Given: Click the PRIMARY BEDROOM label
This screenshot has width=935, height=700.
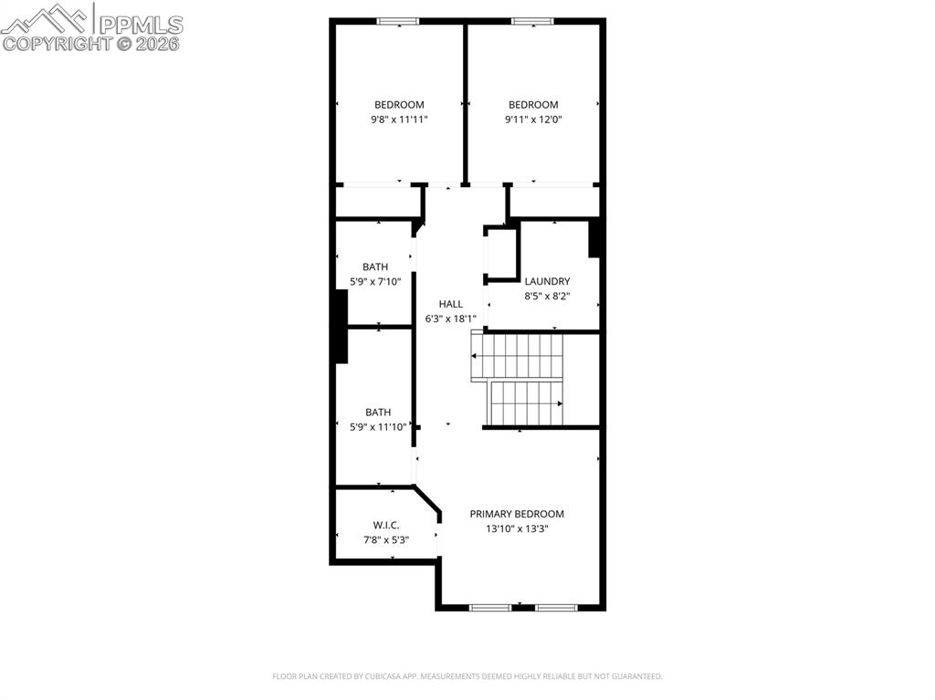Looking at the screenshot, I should (517, 514).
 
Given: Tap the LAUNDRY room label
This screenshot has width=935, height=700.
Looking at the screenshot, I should (547, 281).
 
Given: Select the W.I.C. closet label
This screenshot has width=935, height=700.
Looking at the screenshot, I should (386, 525).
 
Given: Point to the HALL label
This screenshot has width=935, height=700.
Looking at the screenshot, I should (450, 304).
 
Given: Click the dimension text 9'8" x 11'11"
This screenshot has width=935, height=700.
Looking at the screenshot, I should (399, 120).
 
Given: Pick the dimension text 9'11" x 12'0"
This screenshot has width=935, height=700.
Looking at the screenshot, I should (533, 120).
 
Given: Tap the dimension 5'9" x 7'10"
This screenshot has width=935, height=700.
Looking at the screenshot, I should (375, 282).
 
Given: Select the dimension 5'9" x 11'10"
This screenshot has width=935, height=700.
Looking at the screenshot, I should (378, 427).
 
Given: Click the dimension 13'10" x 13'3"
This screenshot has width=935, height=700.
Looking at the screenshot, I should (517, 528).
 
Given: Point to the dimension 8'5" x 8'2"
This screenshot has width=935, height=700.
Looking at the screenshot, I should (547, 297).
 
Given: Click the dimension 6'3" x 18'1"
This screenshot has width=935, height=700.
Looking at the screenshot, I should (450, 319).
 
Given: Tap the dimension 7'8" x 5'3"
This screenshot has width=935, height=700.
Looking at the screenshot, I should (386, 539).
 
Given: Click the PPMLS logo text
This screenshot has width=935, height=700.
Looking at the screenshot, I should (141, 23).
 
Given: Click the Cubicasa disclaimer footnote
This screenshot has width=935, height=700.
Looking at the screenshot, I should (467, 676).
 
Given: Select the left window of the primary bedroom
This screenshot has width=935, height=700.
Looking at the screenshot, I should (489, 606).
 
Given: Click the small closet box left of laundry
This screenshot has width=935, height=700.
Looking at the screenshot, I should (500, 253).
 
